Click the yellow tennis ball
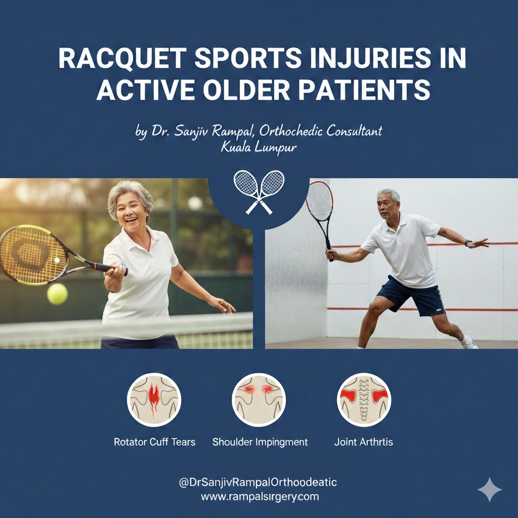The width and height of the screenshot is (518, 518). point(57,294)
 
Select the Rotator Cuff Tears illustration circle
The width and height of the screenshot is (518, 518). point(154,400)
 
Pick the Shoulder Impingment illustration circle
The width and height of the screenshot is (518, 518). point(259,400)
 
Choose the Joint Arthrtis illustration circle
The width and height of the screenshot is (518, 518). point(364,400)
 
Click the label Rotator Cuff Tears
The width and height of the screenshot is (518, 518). point(154,442)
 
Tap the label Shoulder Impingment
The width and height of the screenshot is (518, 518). point(260,442)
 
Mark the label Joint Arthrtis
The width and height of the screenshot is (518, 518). point(364,442)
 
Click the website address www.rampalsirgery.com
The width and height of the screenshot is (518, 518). point(260,496)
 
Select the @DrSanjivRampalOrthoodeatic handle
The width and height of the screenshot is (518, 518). point(258,483)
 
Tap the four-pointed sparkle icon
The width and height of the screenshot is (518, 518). point(489,489)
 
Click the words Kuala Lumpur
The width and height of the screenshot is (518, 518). point(258,148)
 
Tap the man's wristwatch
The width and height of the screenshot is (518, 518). point(468,243)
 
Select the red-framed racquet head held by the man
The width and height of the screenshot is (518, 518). point(320,201)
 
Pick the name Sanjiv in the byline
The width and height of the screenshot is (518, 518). point(196,132)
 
